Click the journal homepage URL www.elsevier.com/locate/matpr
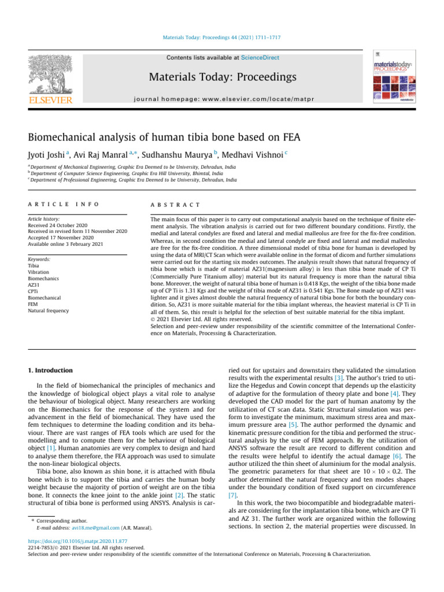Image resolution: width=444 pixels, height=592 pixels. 222,99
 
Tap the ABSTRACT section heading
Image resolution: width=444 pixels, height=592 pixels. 175,204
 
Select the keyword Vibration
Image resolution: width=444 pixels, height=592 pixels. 38,271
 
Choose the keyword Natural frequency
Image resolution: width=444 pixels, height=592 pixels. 49,310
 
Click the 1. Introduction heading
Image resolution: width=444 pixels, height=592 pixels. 51,370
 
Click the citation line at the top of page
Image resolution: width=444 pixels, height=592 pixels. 221,38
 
